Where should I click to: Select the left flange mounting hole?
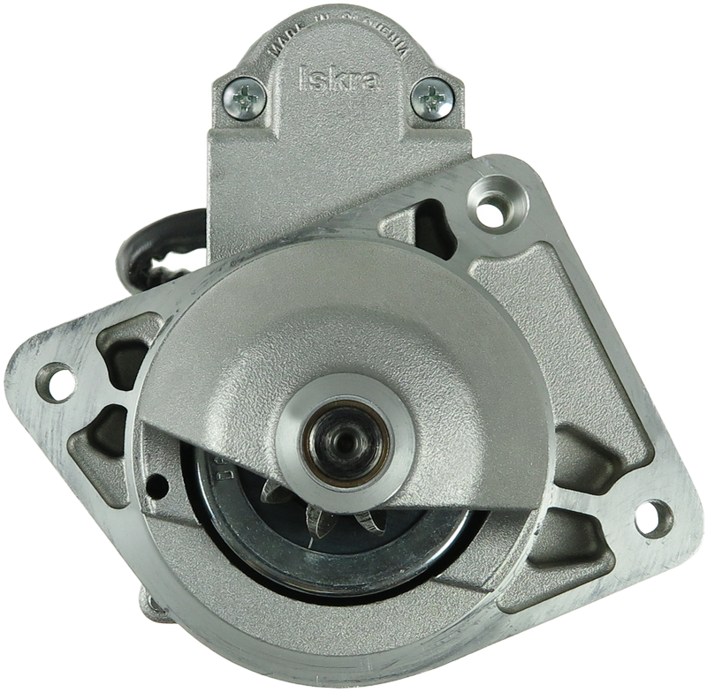point(57,383)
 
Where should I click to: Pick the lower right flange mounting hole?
point(653,519)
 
